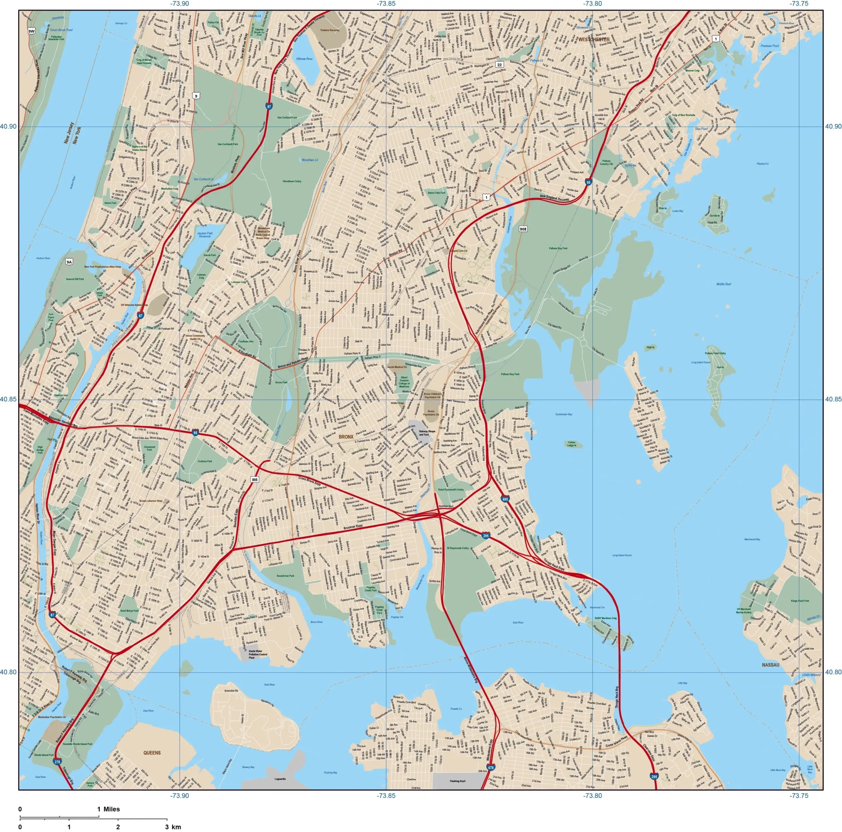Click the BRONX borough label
tap(346, 437)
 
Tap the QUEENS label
tap(152, 753)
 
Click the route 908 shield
tap(523, 229)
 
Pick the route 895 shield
tap(255, 479)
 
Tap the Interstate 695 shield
tap(505, 499)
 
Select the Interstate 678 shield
tap(491, 780)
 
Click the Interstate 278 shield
tap(58, 774)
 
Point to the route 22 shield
tap(500, 64)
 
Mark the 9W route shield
tap(31, 31)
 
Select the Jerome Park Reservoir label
tap(205, 234)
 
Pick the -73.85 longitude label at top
tap(386, 4)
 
